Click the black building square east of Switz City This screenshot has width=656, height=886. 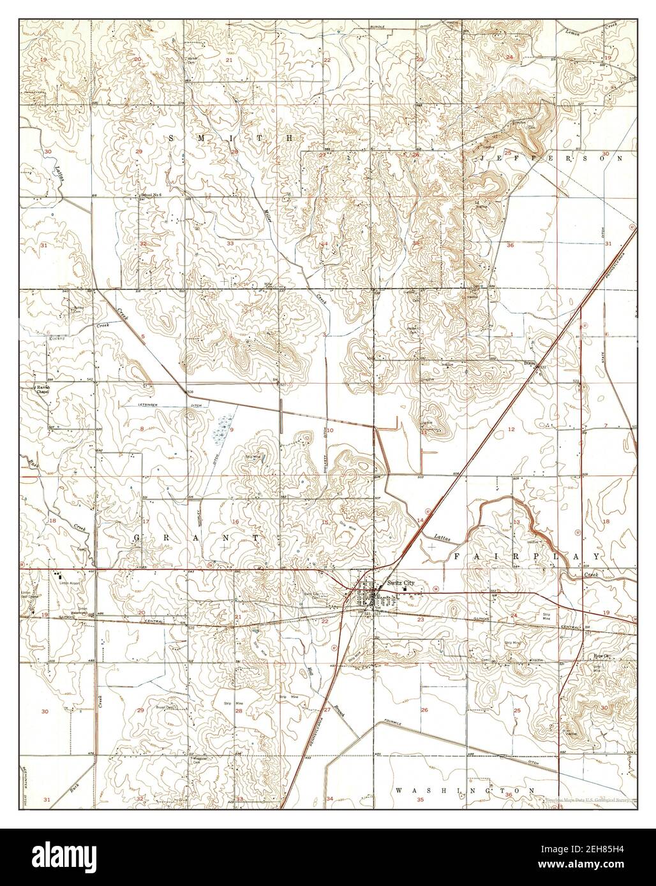404,589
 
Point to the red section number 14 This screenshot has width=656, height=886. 420,521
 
